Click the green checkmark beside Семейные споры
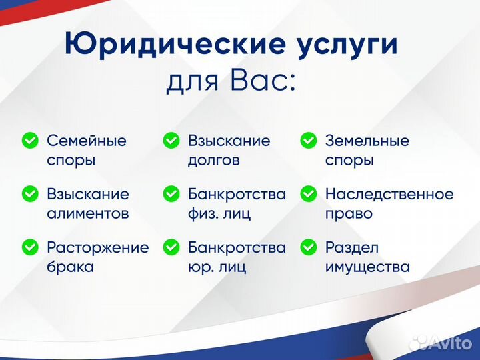(30, 141)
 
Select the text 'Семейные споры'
(86, 151)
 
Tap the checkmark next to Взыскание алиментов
(30, 194)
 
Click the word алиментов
(87, 214)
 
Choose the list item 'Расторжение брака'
(97, 257)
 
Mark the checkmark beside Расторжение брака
(30, 247)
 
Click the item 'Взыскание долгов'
(229, 151)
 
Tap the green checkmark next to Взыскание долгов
(171, 141)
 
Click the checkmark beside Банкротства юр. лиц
(171, 247)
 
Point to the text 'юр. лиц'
(217, 267)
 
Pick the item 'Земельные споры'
(367, 151)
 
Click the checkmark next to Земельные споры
(308, 141)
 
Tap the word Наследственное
(389, 194)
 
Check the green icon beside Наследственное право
(308, 194)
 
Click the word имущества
(367, 267)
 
